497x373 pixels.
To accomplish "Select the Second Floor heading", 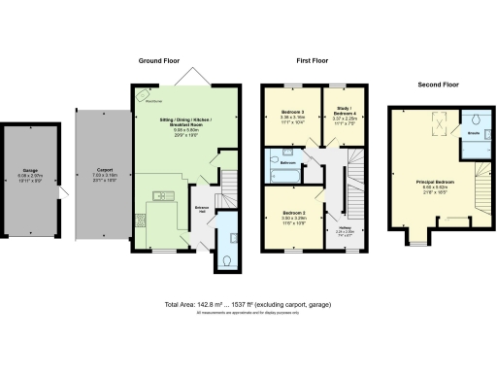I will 438,85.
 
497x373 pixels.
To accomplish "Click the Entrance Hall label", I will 203,210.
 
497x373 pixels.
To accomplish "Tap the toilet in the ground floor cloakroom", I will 225,259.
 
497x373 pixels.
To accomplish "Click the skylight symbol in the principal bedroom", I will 436,124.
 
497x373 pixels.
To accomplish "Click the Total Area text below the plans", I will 248,306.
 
